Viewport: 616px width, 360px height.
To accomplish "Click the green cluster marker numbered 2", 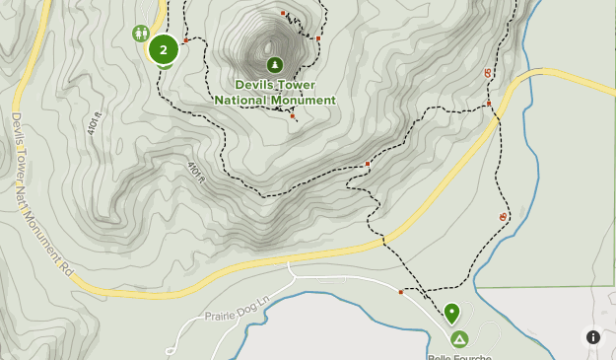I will click(x=163, y=48).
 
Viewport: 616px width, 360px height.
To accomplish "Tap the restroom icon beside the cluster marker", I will click(x=140, y=34).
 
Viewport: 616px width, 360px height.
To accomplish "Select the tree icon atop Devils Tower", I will click(x=274, y=65).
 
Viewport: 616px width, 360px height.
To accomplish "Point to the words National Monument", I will click(x=275, y=100).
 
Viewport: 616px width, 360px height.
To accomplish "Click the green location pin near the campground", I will click(x=451, y=314).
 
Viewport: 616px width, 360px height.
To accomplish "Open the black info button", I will click(x=593, y=336).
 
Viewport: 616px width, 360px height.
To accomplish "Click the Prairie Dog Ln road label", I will click(x=237, y=310).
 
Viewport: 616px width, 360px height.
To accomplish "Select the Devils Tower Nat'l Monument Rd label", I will click(x=42, y=192).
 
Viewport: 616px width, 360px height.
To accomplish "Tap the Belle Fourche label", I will click(x=459, y=356).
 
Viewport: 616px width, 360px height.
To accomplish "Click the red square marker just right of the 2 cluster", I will click(x=185, y=41).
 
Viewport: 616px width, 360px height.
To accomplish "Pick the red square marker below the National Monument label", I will click(x=293, y=116).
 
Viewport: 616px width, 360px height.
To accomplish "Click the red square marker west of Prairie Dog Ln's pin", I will click(x=401, y=292).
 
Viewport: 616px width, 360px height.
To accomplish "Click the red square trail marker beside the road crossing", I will click(x=489, y=103).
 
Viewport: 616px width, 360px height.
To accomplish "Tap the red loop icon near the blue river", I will click(x=504, y=216).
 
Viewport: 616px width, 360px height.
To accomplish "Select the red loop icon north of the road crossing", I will click(x=488, y=73).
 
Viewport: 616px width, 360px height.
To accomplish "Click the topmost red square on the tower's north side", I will click(x=283, y=13).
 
